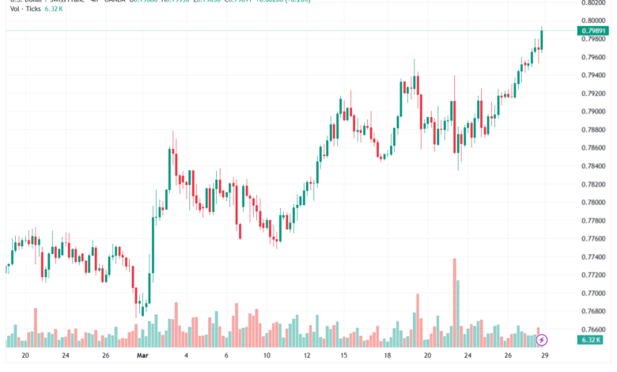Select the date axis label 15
point(345,355)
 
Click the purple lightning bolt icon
point(542,340)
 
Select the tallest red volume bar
point(455,302)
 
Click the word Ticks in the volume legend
point(33,9)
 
